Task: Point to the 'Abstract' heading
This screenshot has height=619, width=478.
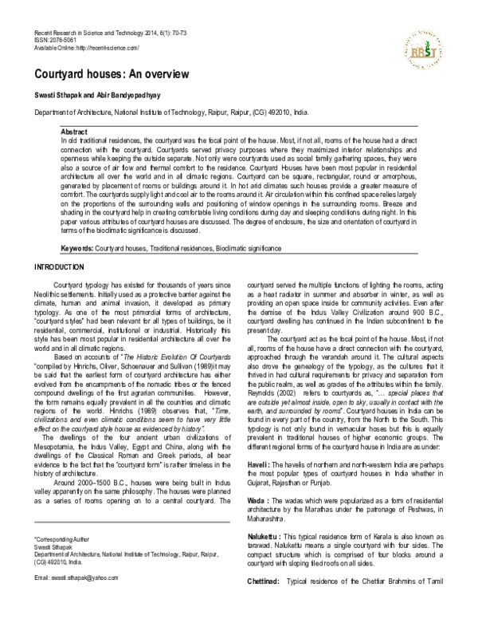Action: click(x=76, y=128)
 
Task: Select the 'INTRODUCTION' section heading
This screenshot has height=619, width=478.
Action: click(x=64, y=266)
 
